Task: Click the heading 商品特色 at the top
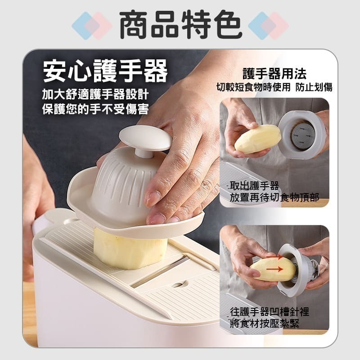pyautogui.click(x=181, y=25)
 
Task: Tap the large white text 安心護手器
pyautogui.click(x=105, y=71)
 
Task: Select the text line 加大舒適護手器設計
pyautogui.click(x=95, y=94)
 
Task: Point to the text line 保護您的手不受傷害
pyautogui.click(x=95, y=108)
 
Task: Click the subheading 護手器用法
pyautogui.click(x=274, y=73)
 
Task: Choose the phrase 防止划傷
pyautogui.click(x=314, y=87)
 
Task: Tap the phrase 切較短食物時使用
pyautogui.click(x=253, y=87)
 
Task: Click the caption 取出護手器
pyautogui.click(x=254, y=186)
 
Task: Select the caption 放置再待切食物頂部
pyautogui.click(x=274, y=197)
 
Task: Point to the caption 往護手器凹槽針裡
pyautogui.click(x=270, y=312)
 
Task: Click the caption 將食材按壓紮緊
pyautogui.click(x=265, y=324)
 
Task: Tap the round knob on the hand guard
pyautogui.click(x=145, y=139)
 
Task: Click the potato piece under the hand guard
pyautogui.click(x=130, y=249)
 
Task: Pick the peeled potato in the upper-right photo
pyautogui.click(x=257, y=139)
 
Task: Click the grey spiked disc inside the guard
pyautogui.click(x=303, y=135)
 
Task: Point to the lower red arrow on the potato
pyautogui.click(x=274, y=269)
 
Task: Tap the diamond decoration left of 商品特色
pyautogui.click(x=92, y=26)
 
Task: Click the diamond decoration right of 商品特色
pyautogui.click(x=268, y=26)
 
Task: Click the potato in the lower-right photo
pyautogui.click(x=273, y=269)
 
